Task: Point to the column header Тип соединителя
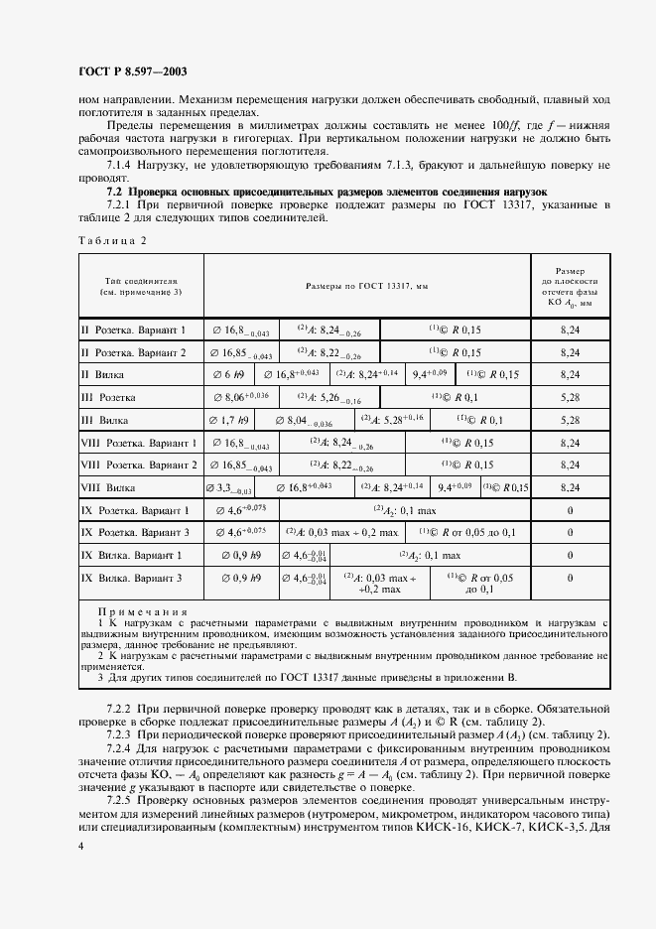click(x=141, y=287)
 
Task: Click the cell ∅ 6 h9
click(x=229, y=374)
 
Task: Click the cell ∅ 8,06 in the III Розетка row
click(x=240, y=397)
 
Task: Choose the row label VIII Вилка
click(x=115, y=487)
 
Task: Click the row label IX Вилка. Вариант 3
click(x=138, y=578)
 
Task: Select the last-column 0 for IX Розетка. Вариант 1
click(x=570, y=510)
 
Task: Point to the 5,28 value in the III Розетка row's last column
click(x=570, y=397)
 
